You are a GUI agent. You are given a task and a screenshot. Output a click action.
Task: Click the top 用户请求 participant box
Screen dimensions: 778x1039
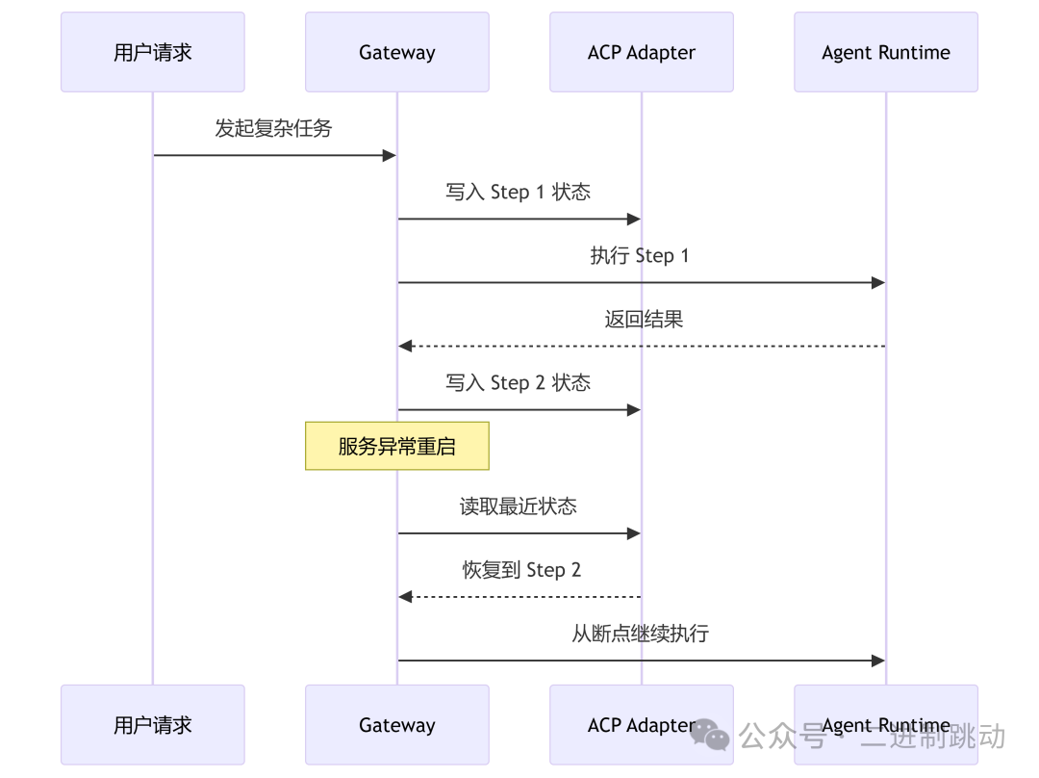click(152, 52)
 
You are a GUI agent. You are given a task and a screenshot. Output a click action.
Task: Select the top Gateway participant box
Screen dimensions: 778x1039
click(396, 52)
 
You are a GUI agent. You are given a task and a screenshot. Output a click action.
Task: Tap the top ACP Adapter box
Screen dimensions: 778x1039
click(641, 52)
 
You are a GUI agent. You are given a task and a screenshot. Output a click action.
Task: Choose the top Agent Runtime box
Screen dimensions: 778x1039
click(885, 52)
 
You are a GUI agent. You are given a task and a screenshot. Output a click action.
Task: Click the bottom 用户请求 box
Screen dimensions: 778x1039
click(152, 724)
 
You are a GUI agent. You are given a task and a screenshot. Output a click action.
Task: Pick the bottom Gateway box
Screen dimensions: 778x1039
click(396, 724)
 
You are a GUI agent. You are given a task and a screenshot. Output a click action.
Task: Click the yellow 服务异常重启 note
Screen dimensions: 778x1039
click(396, 446)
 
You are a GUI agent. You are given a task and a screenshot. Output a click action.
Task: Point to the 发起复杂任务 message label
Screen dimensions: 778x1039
click(273, 128)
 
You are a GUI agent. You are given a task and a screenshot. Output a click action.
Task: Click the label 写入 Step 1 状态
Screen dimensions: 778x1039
click(518, 192)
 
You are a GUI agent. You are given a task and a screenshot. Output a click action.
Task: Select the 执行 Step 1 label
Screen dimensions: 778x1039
click(640, 255)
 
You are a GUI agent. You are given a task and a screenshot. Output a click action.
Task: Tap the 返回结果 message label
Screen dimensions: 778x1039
click(644, 319)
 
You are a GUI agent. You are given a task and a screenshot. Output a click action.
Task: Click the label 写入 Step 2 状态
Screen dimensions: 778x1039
click(518, 382)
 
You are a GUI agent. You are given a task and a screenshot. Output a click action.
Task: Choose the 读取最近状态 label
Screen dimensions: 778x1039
click(518, 506)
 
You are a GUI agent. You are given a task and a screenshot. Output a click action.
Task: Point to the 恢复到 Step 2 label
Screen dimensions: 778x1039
click(521, 569)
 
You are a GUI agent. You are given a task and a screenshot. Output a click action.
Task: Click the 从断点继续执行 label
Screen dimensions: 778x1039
click(640, 633)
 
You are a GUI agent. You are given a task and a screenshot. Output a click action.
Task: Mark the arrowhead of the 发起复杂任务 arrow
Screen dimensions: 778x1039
click(391, 155)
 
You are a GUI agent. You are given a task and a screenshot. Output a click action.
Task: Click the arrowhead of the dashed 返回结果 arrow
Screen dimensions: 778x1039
click(405, 346)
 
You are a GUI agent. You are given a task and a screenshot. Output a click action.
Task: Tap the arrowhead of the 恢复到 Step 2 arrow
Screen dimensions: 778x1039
click(405, 597)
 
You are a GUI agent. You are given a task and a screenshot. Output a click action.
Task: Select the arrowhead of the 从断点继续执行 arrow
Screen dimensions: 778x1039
click(878, 661)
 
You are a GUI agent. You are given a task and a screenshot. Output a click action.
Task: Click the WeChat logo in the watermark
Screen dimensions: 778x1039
click(710, 736)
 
